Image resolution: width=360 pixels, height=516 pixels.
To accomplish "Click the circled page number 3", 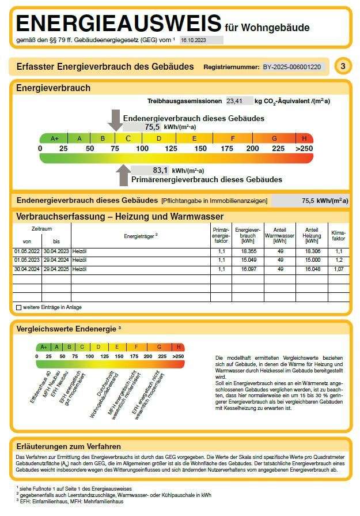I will click(343, 66).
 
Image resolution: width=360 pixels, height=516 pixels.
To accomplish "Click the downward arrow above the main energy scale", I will click(115, 119).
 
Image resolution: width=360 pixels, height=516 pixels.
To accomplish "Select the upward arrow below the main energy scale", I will click(123, 175).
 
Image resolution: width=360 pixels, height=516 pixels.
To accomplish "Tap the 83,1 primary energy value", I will click(160, 171).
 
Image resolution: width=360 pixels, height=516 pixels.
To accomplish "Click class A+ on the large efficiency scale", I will click(54, 138).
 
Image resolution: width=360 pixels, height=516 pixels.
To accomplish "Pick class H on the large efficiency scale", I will click(304, 138).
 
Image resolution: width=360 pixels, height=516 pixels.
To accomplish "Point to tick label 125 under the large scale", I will click(171, 149).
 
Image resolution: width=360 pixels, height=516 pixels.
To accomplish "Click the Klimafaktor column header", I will click(339, 235).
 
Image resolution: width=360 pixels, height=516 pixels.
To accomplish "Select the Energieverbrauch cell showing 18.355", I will click(248, 252).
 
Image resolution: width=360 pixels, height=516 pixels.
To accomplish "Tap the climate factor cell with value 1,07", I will click(339, 269).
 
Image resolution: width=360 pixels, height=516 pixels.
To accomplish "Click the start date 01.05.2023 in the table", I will click(26, 261).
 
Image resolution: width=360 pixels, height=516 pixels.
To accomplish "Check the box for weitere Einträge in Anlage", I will click(19, 307).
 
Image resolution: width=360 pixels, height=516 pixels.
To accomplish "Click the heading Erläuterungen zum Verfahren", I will click(69, 446).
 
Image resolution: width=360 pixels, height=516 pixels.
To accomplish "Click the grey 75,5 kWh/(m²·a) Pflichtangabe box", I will click(310, 201).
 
